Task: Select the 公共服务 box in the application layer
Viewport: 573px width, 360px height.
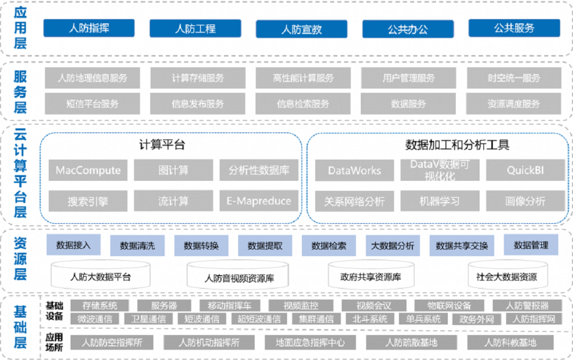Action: (x=514, y=28)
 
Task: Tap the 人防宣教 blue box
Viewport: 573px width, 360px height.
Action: (x=301, y=29)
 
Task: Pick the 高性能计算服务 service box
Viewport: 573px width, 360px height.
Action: (x=303, y=78)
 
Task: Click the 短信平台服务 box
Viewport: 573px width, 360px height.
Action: (x=92, y=104)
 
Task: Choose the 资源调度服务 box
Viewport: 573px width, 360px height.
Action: (x=514, y=104)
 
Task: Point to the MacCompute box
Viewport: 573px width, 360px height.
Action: (x=88, y=171)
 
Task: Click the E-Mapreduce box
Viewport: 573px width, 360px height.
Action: (x=259, y=201)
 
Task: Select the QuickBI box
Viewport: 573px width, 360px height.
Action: (x=525, y=171)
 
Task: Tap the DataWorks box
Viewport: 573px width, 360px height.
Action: (x=354, y=171)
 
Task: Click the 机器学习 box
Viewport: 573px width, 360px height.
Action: (x=439, y=201)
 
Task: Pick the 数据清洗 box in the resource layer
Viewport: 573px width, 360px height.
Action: (x=137, y=245)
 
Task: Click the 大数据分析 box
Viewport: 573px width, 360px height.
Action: (x=393, y=245)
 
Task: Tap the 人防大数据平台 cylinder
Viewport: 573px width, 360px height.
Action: (x=100, y=277)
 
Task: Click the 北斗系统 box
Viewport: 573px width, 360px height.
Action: (x=370, y=319)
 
